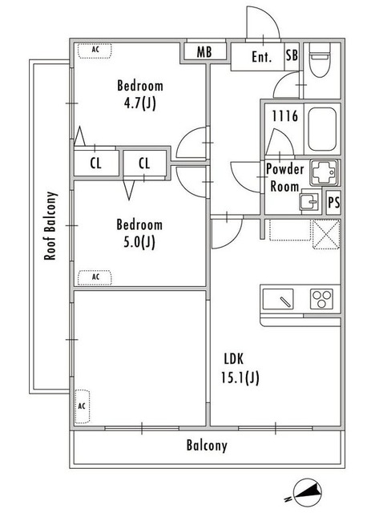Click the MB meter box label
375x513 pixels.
click(x=204, y=52)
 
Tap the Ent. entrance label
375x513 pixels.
click(x=261, y=57)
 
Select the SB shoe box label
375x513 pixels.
click(x=292, y=55)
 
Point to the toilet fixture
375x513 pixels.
click(x=320, y=60)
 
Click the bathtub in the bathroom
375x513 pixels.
click(x=322, y=129)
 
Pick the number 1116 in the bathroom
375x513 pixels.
click(x=285, y=116)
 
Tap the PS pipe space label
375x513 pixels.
click(x=334, y=203)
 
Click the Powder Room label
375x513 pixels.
click(x=284, y=178)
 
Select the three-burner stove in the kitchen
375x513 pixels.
click(x=321, y=299)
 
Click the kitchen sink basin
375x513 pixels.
click(x=278, y=299)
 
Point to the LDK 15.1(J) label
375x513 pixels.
click(x=240, y=369)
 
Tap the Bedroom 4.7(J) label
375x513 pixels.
click(x=140, y=95)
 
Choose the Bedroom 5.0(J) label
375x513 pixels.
click(x=139, y=233)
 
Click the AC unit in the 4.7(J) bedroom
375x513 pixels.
click(x=95, y=50)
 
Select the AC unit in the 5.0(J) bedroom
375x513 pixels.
click(x=95, y=277)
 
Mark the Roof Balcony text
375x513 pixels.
click(x=50, y=226)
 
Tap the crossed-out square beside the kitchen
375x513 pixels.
click(x=327, y=234)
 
